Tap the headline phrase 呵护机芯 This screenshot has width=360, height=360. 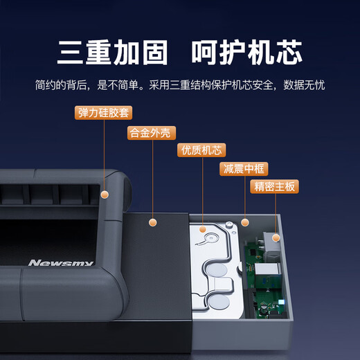253,52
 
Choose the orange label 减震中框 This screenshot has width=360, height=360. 243,168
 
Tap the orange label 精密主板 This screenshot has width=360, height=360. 275,186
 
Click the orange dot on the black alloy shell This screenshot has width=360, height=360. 153,222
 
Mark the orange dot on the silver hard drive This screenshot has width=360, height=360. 203,228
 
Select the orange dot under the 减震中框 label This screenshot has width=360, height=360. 244,222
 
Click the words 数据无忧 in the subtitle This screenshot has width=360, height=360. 305,87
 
